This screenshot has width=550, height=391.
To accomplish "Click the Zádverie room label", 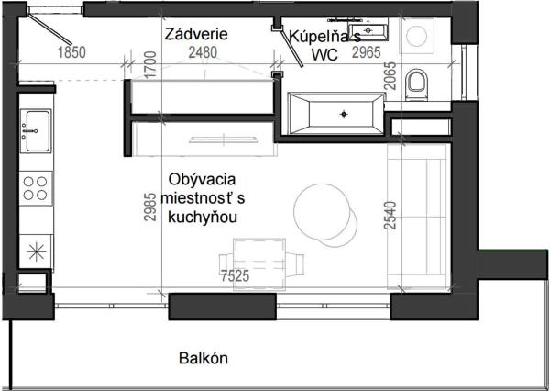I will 196,34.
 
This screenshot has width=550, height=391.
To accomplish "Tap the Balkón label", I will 203,359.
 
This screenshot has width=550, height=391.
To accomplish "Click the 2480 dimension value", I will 203,52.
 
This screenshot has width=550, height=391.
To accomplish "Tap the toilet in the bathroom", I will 417,84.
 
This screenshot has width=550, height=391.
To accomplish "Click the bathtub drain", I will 344,114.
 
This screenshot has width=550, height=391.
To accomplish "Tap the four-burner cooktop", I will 37,188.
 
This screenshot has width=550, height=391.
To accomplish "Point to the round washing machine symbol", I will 417,37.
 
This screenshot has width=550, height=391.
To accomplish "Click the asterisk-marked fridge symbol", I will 37,248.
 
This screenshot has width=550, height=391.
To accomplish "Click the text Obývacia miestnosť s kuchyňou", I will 203,197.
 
